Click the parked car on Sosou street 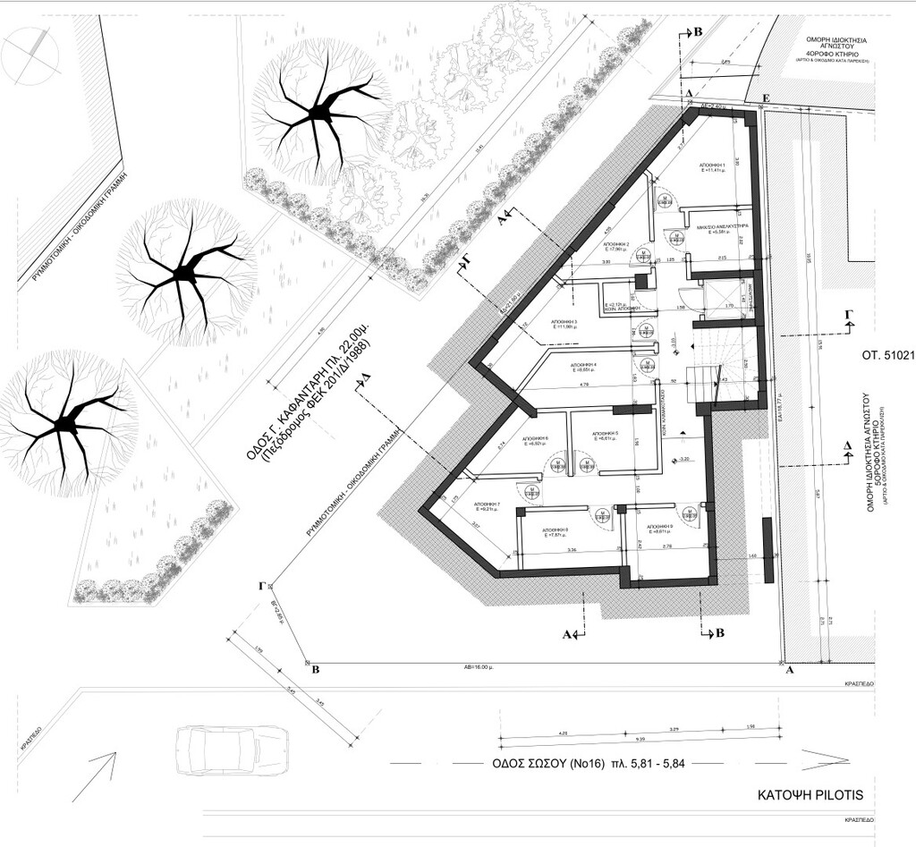click(x=231, y=749)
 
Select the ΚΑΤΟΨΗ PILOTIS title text click(x=810, y=793)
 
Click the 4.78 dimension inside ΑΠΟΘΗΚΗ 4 click(x=583, y=385)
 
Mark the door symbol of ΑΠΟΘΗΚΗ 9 click(x=690, y=513)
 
